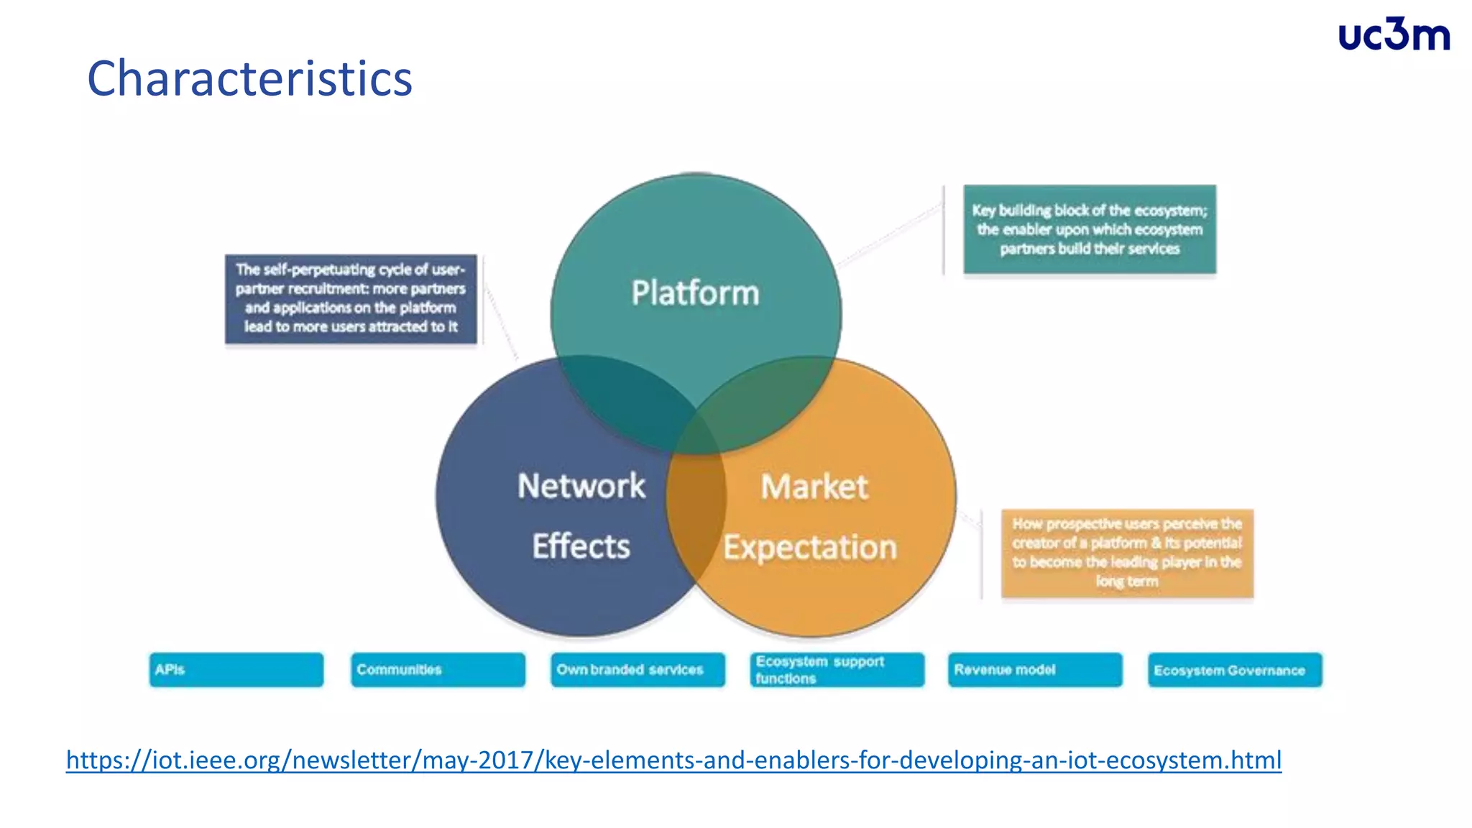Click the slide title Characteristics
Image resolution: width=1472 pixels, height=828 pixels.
[249, 78]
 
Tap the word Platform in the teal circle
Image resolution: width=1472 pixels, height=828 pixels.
[695, 293]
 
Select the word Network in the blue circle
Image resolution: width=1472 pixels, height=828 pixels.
[581, 487]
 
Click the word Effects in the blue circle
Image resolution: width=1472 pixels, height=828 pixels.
[581, 547]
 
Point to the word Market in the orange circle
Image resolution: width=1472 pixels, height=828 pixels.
[814, 487]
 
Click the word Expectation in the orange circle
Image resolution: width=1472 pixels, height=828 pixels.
[810, 548]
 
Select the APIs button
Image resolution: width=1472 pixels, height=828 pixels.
[236, 670]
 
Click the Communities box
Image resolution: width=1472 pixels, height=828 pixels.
[438, 670]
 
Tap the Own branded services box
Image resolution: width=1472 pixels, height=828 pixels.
[638, 670]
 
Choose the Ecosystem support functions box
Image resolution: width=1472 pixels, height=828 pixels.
[837, 670]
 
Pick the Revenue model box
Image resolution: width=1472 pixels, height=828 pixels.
[1034, 670]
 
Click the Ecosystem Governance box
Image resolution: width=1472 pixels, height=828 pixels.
[1234, 670]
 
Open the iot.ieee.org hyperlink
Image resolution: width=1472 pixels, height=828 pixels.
[673, 760]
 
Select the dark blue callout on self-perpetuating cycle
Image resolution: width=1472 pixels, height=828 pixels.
[351, 298]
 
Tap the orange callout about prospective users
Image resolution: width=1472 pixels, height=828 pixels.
[1127, 553]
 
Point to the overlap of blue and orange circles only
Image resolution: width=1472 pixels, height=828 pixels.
[696, 517]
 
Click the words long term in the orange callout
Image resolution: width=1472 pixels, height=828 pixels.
[1126, 581]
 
